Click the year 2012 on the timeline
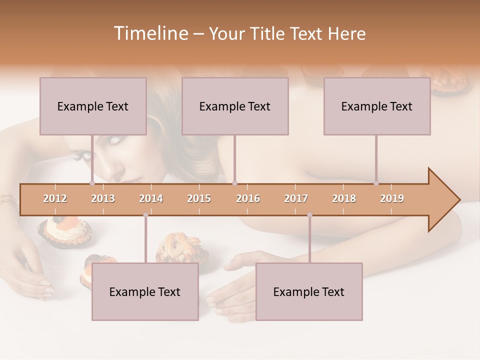(x=55, y=198)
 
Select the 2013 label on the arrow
(x=103, y=198)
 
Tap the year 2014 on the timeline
(x=151, y=198)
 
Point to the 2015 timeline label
(x=199, y=198)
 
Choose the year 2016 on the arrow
(x=248, y=198)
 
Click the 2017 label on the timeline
(x=296, y=198)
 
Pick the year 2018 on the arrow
(x=344, y=198)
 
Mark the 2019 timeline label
(x=392, y=198)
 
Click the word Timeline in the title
(x=150, y=33)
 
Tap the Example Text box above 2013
(x=93, y=106)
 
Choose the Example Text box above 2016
(x=235, y=106)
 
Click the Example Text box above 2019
(x=377, y=106)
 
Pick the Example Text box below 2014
(x=145, y=291)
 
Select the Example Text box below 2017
(x=309, y=291)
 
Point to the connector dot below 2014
(x=145, y=215)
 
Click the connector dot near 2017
(x=309, y=215)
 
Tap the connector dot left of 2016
(x=234, y=183)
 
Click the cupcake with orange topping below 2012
(x=64, y=231)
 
